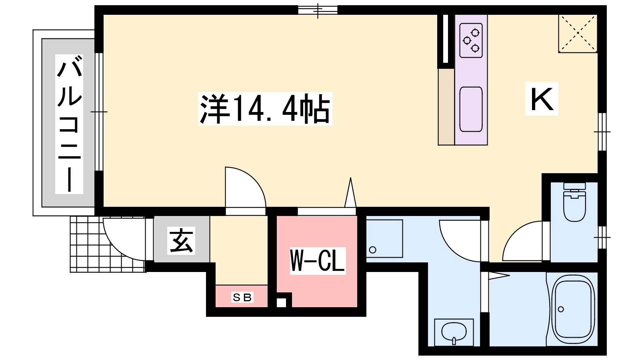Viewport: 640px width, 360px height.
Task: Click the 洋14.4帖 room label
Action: [x=265, y=109]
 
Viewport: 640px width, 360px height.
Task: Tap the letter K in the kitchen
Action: [x=542, y=99]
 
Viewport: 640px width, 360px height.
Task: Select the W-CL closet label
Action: [x=318, y=261]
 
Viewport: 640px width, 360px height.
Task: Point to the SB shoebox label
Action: [x=242, y=298]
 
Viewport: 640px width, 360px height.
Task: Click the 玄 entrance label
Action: [x=181, y=240]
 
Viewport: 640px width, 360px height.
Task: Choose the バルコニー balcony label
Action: [x=69, y=124]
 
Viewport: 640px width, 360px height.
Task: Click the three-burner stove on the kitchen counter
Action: [x=471, y=40]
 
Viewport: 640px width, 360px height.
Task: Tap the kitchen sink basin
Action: [x=471, y=109]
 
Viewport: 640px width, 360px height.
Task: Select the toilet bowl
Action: [x=574, y=202]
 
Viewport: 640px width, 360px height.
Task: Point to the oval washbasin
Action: [x=454, y=332]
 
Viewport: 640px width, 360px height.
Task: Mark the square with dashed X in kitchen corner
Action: [x=578, y=34]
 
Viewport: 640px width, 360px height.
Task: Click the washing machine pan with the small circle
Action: [x=384, y=239]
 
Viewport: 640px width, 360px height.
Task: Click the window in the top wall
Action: [x=318, y=10]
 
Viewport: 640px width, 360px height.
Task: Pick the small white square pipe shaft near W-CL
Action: [x=282, y=302]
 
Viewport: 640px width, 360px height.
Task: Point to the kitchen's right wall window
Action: [x=602, y=132]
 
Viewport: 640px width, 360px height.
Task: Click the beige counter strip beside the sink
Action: [x=446, y=107]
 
